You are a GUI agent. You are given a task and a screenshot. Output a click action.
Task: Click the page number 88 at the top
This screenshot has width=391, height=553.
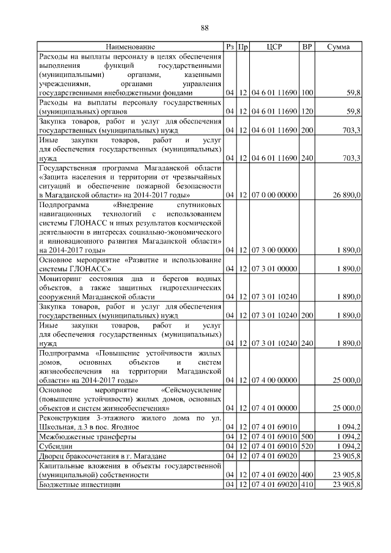click(205, 27)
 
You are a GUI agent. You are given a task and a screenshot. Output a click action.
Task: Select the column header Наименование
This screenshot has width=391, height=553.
click(130, 47)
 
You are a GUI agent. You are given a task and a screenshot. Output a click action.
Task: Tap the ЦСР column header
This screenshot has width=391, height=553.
click(274, 47)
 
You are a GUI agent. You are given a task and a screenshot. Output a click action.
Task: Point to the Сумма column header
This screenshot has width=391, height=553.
click(338, 47)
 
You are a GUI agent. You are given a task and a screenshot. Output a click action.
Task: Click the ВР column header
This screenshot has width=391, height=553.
click(307, 47)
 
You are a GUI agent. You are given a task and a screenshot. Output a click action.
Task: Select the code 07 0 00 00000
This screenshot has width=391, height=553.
click(274, 195)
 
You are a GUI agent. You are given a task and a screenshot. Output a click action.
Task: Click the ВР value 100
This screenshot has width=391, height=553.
click(307, 93)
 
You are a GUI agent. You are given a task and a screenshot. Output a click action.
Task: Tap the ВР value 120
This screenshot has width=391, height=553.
click(307, 112)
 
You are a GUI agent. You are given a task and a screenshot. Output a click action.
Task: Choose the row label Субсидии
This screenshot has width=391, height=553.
click(54, 446)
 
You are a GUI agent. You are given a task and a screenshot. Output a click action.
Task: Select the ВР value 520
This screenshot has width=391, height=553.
click(307, 446)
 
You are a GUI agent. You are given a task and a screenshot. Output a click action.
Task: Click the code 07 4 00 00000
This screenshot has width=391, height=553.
click(274, 380)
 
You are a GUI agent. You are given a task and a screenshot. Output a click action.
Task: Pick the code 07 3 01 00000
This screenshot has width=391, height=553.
click(274, 268)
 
